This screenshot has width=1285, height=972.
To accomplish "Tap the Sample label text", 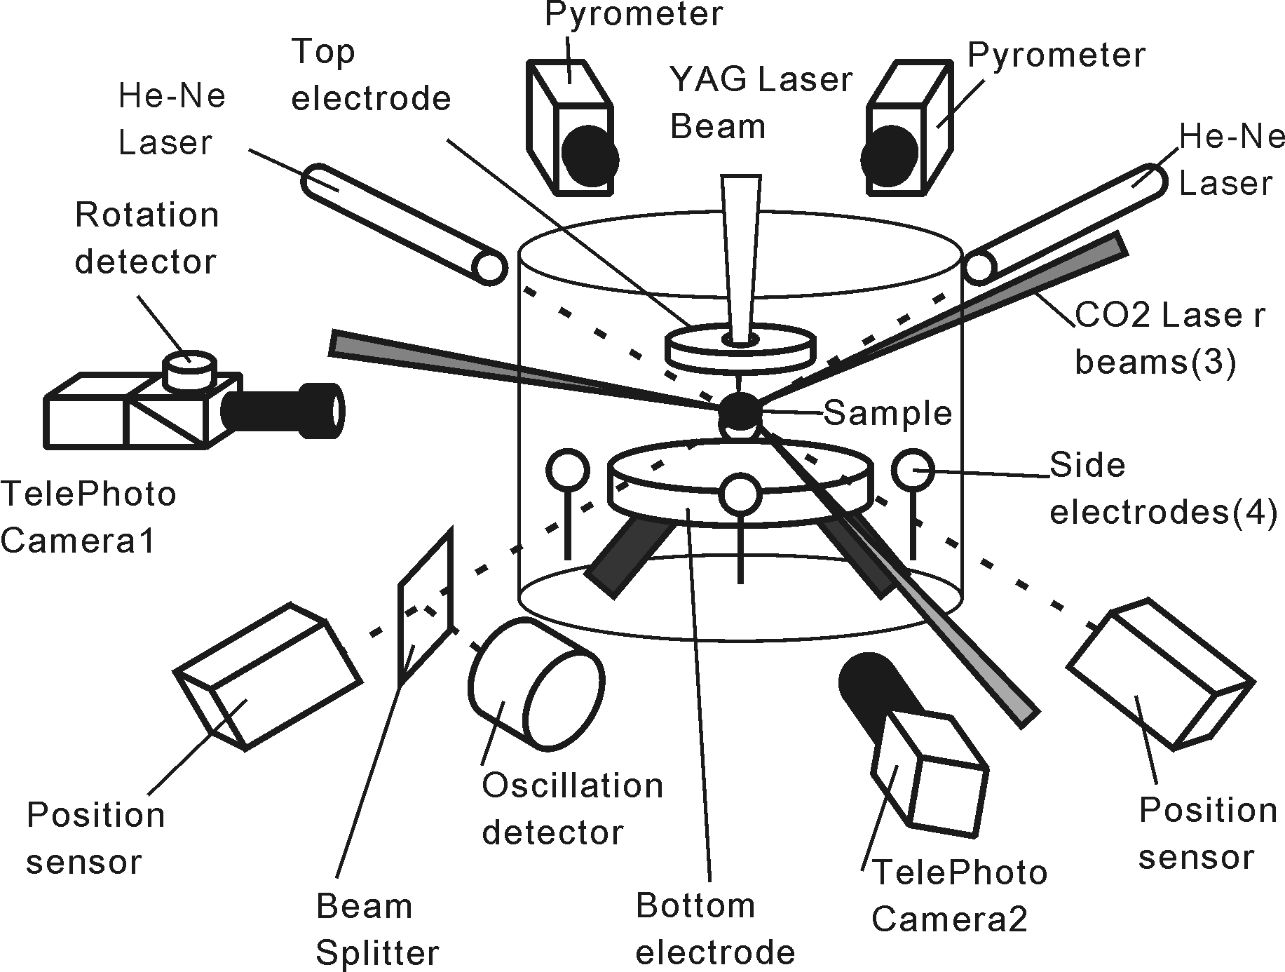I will (x=888, y=413).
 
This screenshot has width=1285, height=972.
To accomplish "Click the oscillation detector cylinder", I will (x=536, y=684).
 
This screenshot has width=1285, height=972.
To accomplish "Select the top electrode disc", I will (x=740, y=348).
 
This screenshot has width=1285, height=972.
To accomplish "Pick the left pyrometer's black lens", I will (x=590, y=157).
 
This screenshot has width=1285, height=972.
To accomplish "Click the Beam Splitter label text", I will (x=376, y=930).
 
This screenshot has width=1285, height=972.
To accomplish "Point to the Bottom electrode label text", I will (x=714, y=929).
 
